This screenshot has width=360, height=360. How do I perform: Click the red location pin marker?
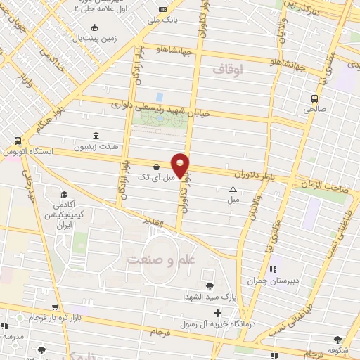(x=181, y=165)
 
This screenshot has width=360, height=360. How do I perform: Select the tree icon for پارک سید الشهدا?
(x=209, y=285)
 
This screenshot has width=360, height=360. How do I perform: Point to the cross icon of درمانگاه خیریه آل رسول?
(x=217, y=313)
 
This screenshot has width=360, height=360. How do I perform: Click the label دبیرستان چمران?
(x=268, y=281)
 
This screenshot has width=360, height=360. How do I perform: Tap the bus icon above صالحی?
(x=314, y=99)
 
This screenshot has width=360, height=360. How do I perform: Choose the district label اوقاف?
(x=226, y=70)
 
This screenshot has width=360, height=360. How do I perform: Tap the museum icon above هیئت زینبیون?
(x=96, y=136)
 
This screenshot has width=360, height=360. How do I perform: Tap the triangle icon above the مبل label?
(x=233, y=189)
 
